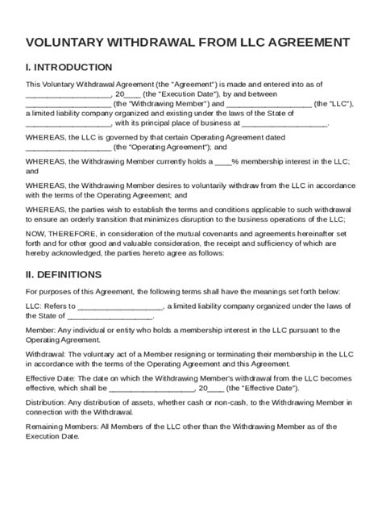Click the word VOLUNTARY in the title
click(x=65, y=42)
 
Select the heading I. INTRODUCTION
click(x=69, y=67)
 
